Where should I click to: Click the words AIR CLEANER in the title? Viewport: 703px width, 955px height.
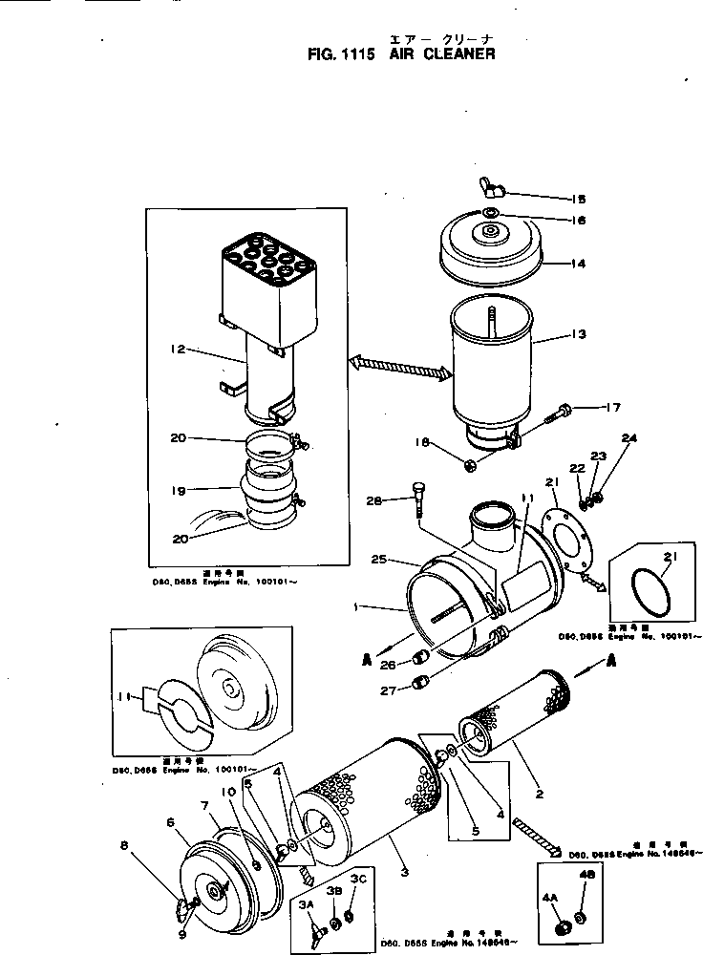(442, 54)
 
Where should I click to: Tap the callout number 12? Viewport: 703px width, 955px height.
(177, 350)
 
